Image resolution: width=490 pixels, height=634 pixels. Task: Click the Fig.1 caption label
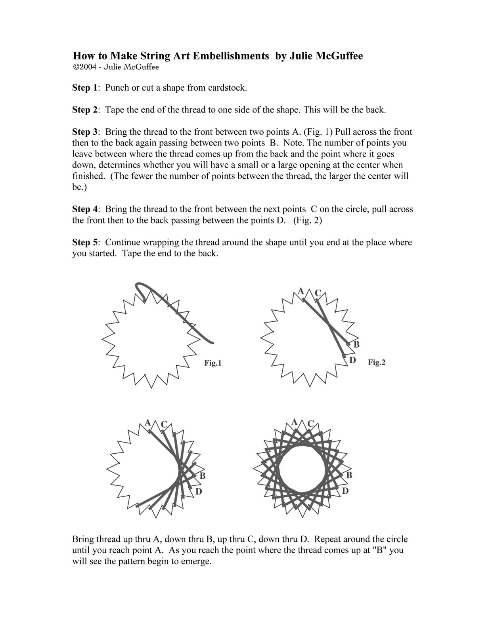[212, 363]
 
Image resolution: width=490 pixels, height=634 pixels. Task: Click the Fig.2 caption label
[376, 362]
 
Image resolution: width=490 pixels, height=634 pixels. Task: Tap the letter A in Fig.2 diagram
[301, 291]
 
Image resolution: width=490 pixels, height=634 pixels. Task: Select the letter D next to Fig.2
[352, 360]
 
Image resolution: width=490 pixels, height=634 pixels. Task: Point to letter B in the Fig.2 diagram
[356, 344]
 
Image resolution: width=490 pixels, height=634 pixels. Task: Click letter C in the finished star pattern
[311, 424]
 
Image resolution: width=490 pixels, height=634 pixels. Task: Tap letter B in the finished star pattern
[349, 475]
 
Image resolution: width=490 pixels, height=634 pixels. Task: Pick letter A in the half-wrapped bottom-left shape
[148, 422]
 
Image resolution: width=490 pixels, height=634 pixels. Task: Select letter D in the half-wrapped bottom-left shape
[199, 491]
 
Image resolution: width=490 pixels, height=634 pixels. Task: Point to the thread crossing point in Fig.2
[329, 325]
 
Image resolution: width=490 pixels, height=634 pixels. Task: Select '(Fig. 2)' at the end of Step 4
[307, 220]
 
